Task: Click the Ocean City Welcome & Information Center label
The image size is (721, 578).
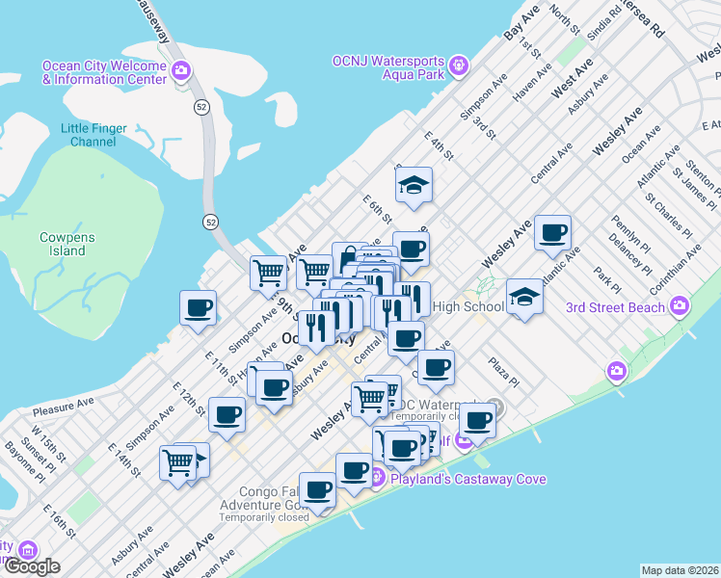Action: tap(104, 72)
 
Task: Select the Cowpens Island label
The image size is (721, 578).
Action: tap(62, 244)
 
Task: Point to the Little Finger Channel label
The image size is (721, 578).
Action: tap(93, 135)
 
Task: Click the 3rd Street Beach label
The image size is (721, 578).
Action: tap(615, 307)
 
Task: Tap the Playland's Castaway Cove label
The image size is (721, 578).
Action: tap(467, 479)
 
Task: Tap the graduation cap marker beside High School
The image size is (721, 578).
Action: tap(524, 296)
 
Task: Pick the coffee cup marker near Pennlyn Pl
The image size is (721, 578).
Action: tap(553, 232)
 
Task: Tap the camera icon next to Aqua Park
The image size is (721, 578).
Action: tap(459, 65)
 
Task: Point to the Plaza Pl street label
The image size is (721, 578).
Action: tap(503, 370)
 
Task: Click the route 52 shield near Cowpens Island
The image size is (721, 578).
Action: tap(210, 222)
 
